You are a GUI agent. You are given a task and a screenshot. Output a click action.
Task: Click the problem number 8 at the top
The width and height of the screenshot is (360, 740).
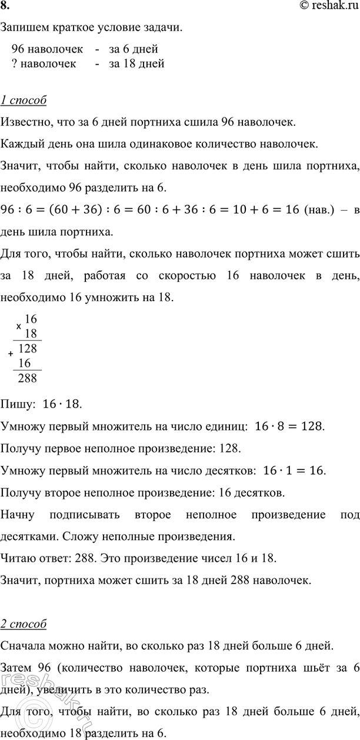pos(5,8)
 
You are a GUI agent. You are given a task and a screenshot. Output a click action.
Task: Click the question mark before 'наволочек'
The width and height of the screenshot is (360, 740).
pos(14,64)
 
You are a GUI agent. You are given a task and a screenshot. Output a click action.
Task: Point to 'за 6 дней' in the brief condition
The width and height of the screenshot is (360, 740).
pos(134,49)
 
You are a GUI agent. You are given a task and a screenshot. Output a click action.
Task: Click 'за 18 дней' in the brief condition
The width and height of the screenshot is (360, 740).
pos(136,64)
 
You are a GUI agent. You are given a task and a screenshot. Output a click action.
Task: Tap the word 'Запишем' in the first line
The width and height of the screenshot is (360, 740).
pos(21,28)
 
